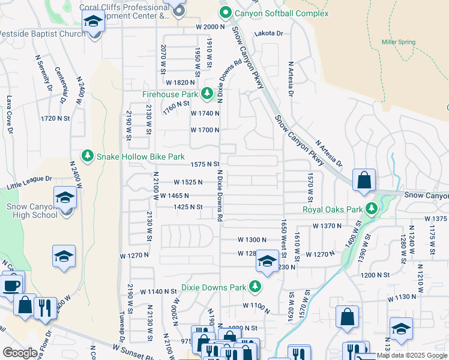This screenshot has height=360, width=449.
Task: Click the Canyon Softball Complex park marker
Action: (226, 13)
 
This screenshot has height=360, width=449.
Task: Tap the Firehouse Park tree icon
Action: (207, 94)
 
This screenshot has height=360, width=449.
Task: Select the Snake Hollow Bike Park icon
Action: (88, 156)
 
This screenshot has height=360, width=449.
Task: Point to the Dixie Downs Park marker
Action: (255, 286)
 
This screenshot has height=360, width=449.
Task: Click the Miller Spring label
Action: (399, 41)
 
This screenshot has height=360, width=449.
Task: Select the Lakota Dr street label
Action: (268, 34)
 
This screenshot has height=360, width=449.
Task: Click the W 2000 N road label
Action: (209, 27)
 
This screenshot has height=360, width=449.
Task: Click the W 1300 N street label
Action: (252, 239)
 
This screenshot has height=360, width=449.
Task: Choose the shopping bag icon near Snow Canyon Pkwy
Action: (364, 180)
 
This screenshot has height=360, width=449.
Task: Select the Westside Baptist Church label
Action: (42, 34)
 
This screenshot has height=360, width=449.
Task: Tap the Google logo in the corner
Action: (20, 353)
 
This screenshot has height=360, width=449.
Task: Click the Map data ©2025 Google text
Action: (412, 355)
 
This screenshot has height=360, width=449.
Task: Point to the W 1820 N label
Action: (181, 82)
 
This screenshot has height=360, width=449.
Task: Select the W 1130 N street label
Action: (402, 298)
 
